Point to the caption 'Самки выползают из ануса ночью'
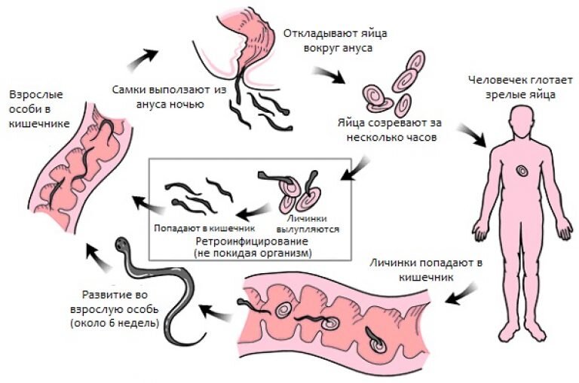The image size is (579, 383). pos(167,95)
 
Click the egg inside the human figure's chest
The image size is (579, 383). pos(522,172)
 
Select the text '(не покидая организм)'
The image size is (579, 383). pos(253,254)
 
